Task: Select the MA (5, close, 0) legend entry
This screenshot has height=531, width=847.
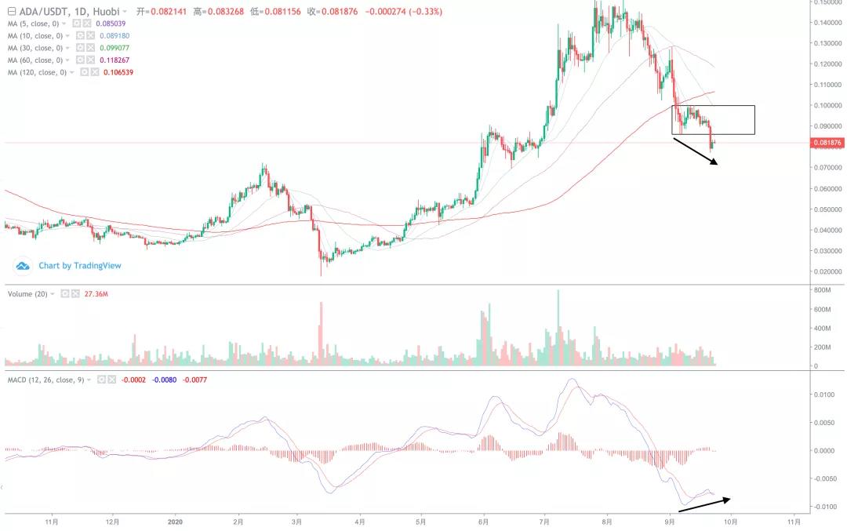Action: pyautogui.click(x=35, y=24)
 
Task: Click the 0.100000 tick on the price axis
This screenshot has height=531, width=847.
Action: pyautogui.click(x=825, y=105)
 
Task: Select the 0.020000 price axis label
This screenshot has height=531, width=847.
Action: pyautogui.click(x=825, y=271)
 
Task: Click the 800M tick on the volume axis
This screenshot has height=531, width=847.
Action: pyautogui.click(x=822, y=290)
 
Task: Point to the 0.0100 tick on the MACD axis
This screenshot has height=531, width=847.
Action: pyautogui.click(x=823, y=395)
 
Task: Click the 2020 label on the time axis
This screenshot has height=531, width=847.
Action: pyautogui.click(x=176, y=520)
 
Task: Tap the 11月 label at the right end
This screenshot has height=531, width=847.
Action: pyautogui.click(x=794, y=520)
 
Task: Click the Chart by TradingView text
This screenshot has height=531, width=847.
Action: pyautogui.click(x=80, y=266)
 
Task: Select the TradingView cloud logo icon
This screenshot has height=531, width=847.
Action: pyautogui.click(x=23, y=266)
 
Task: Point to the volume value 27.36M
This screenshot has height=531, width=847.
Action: pyautogui.click(x=96, y=293)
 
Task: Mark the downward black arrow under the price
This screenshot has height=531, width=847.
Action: pyautogui.click(x=695, y=151)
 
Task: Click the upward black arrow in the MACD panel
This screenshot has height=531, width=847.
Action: pyautogui.click(x=704, y=504)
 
